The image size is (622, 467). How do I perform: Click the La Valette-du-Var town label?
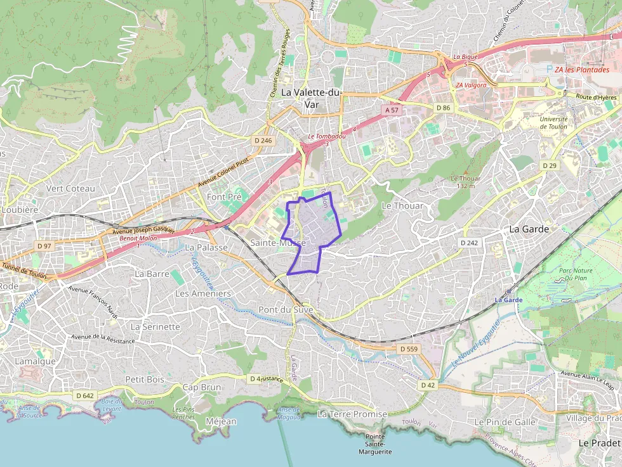tap(311, 98)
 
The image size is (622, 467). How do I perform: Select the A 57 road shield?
tap(392, 110)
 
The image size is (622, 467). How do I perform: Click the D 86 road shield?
tap(443, 108)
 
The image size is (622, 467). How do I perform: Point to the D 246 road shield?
tap(262, 141)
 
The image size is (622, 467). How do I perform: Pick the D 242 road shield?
tap(469, 243)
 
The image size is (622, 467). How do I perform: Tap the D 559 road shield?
tap(409, 349)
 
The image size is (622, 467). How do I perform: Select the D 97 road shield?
tap(44, 245)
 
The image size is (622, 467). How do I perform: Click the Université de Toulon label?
tap(553, 122)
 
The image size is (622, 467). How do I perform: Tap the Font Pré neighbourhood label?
tap(224, 197)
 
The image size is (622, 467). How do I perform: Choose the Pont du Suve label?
tap(286, 310)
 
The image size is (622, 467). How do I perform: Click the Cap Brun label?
tap(202, 387)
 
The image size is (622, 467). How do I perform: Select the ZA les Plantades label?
tap(581, 70)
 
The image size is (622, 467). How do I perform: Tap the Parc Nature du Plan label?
tap(575, 274)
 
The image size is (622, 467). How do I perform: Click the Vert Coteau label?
tap(70, 188)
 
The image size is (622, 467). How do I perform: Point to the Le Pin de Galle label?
tap(505, 421)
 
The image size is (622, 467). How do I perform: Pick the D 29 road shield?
tap(549, 165)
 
